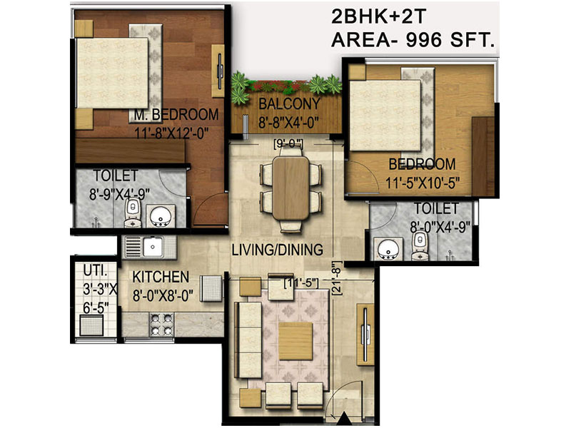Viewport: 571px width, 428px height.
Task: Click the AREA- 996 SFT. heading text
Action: (x=413, y=40)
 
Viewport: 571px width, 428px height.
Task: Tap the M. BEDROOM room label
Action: (x=176, y=114)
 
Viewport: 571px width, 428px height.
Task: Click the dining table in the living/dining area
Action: (x=290, y=188)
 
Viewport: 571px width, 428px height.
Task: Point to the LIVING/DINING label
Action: (x=278, y=250)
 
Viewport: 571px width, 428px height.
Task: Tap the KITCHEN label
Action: (x=161, y=277)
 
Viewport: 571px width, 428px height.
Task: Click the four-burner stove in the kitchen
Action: (x=161, y=325)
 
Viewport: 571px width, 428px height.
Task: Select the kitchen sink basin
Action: (x=153, y=246)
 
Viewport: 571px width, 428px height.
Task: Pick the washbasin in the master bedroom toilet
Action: (x=160, y=217)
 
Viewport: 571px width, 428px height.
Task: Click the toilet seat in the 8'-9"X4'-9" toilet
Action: (x=133, y=213)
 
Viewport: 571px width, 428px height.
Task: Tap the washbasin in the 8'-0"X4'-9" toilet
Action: (x=388, y=249)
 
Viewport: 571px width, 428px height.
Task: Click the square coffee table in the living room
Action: (x=295, y=341)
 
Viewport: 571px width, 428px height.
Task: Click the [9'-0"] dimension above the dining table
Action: (x=288, y=144)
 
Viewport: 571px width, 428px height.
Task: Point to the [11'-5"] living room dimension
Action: (x=301, y=282)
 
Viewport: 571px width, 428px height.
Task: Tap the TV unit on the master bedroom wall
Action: (x=218, y=71)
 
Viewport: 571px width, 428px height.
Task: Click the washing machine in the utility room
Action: (x=91, y=325)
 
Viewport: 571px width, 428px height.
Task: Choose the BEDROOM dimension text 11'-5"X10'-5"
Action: (x=423, y=182)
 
